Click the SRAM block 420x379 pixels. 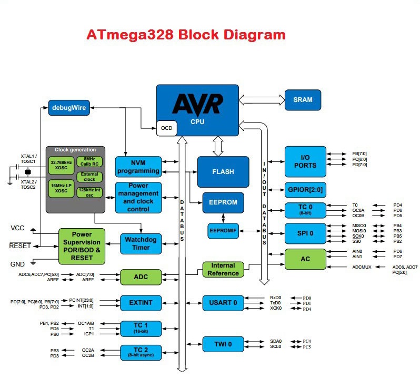[x=303, y=100]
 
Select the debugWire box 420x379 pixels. [x=69, y=107]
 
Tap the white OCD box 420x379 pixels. [x=166, y=128]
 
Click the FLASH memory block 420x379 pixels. [x=223, y=172]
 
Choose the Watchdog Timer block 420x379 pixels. [x=141, y=244]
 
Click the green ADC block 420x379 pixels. [x=140, y=276]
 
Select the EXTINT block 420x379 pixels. [x=140, y=302]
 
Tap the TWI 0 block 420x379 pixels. [x=223, y=345]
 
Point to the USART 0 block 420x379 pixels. [x=223, y=303]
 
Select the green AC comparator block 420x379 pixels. [x=305, y=259]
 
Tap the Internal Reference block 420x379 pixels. [x=223, y=269]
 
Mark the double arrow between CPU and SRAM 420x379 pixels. [x=261, y=99]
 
